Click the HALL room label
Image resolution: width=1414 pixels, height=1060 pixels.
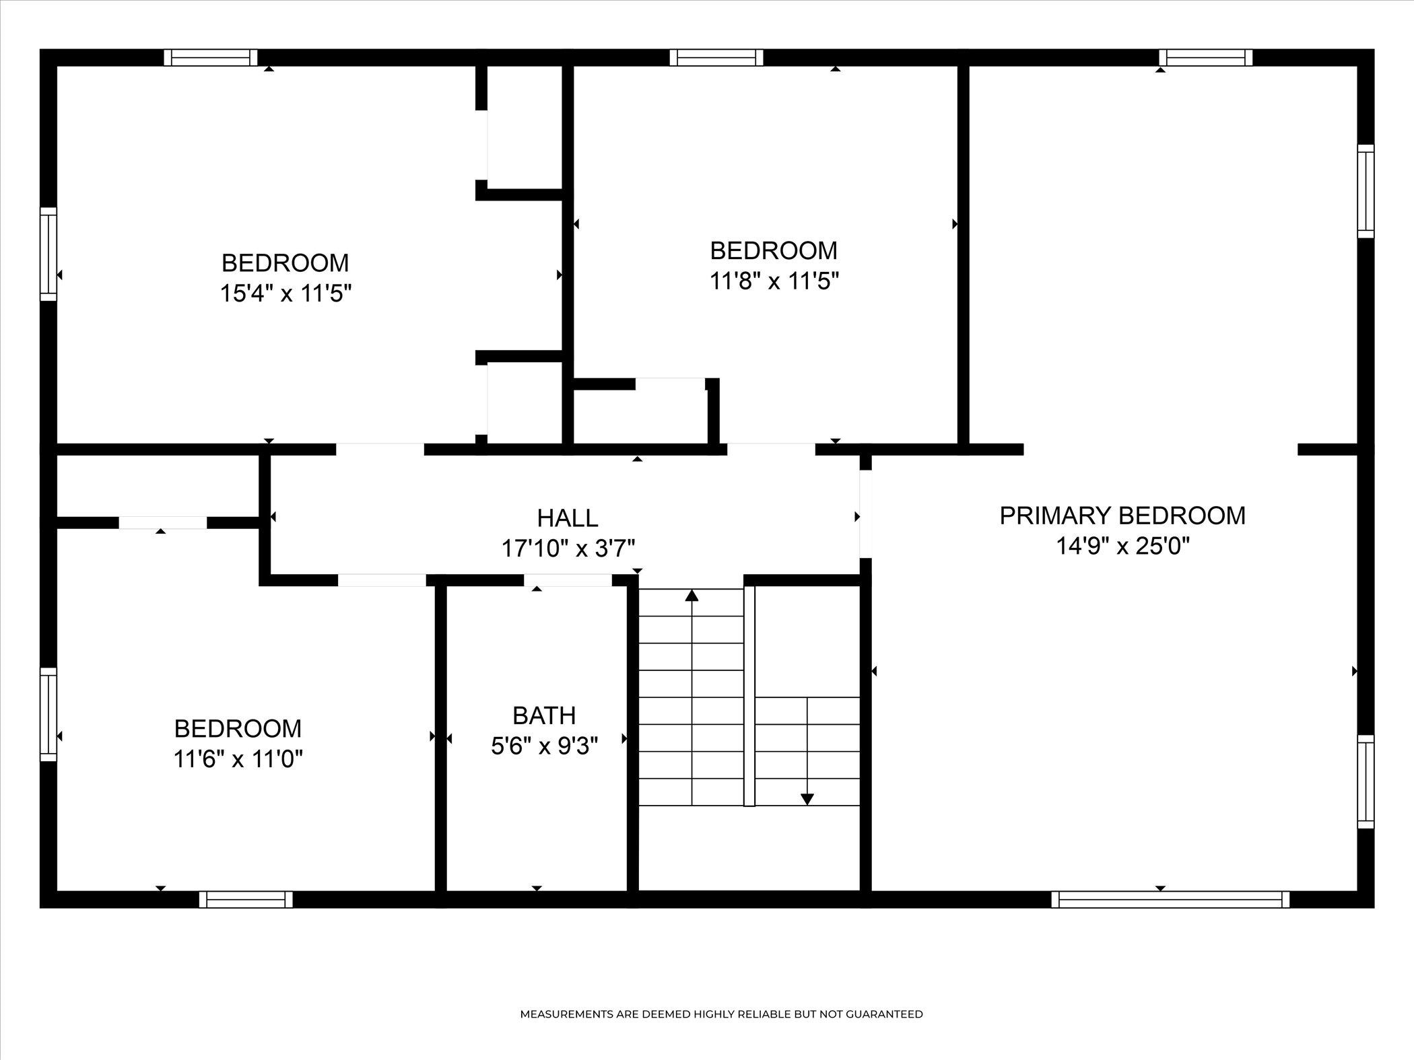coord(568,518)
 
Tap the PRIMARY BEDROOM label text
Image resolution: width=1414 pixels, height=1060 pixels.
coord(1122,516)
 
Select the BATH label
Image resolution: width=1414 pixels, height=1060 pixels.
coord(544,715)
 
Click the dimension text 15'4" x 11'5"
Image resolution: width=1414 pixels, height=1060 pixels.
coord(286,293)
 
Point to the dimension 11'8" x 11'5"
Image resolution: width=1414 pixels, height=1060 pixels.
coord(774,281)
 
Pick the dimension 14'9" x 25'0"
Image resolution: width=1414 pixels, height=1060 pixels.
coord(1122,546)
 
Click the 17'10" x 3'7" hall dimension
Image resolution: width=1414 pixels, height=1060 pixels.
coord(568,549)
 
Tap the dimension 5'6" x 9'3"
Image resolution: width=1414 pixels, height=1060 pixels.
coord(544,746)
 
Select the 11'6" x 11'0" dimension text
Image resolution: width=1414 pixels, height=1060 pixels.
coord(238,759)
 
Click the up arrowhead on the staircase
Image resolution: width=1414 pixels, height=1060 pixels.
coord(692,596)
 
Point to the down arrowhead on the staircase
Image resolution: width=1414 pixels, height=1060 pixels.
coord(807,799)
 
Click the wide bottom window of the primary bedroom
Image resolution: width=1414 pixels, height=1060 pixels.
coord(1170,899)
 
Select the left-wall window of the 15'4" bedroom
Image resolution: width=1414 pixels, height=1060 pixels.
coord(48,254)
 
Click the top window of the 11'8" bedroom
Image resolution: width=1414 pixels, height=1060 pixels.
coord(716,58)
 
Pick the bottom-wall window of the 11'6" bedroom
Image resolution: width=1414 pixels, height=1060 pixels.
coord(246,899)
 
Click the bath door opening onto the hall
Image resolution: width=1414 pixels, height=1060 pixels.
coord(568,580)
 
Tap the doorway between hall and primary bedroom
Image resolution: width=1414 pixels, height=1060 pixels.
coord(866,514)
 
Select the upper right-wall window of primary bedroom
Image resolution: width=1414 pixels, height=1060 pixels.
coord(1365,191)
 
